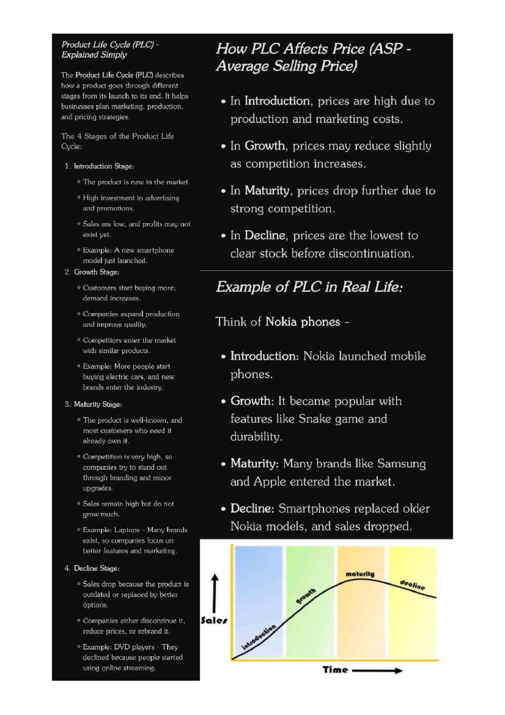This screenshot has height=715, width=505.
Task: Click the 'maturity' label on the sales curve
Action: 360,574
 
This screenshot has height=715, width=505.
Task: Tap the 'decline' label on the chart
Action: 412,585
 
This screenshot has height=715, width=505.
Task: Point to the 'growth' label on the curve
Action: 306,596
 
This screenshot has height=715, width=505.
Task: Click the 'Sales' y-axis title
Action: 214,620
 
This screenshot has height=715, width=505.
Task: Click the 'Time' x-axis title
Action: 335,670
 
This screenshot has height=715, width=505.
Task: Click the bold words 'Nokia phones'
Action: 303,322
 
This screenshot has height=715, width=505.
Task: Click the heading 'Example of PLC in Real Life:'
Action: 309,287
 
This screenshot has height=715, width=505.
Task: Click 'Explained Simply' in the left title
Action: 94,55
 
